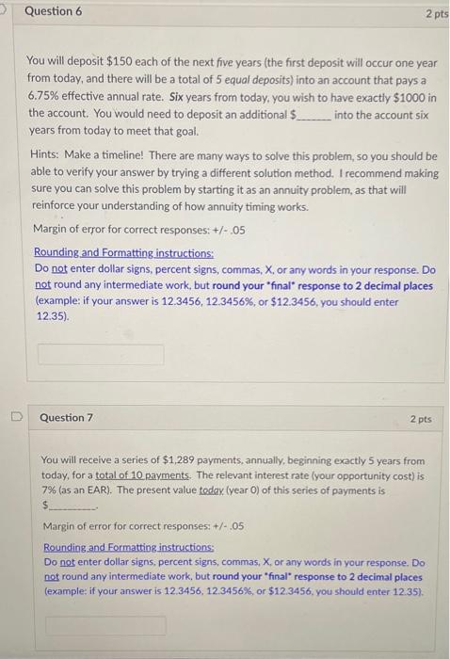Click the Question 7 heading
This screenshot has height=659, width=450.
pyautogui.click(x=67, y=417)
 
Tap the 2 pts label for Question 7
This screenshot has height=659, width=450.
pyautogui.click(x=421, y=418)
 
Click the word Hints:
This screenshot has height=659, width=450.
pyautogui.click(x=49, y=156)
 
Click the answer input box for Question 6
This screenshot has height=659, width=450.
pyautogui.click(x=101, y=354)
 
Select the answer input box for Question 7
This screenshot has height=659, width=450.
pyautogui.click(x=105, y=625)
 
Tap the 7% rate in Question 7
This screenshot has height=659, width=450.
pyautogui.click(x=51, y=490)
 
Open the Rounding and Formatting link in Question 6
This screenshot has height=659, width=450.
pyautogui.click(x=124, y=252)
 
